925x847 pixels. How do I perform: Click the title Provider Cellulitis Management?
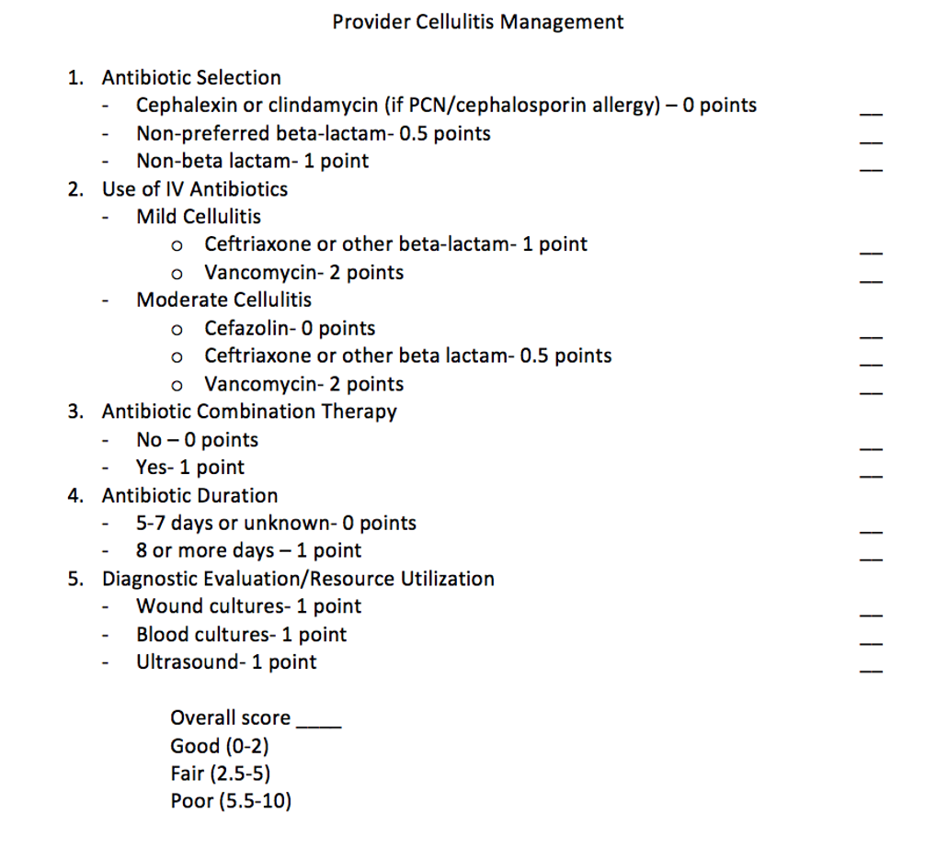477,22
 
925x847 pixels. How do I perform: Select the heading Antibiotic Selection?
191,78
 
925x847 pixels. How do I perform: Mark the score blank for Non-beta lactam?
870,170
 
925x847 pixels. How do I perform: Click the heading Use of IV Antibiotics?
194,189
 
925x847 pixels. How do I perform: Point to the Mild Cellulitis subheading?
198,217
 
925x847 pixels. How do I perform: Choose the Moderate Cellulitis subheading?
223,299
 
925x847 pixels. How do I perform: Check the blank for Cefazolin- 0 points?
870,337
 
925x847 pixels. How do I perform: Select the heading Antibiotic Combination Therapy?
249,412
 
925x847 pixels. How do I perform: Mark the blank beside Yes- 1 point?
870,477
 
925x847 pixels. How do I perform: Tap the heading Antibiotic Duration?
189,495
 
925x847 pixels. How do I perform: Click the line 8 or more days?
248,551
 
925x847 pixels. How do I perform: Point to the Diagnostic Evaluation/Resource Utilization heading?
298,579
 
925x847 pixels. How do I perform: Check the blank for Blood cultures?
870,643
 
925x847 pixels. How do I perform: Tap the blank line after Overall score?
319,725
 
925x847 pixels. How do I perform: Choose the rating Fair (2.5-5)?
220,774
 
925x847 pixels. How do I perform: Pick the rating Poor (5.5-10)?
231,801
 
